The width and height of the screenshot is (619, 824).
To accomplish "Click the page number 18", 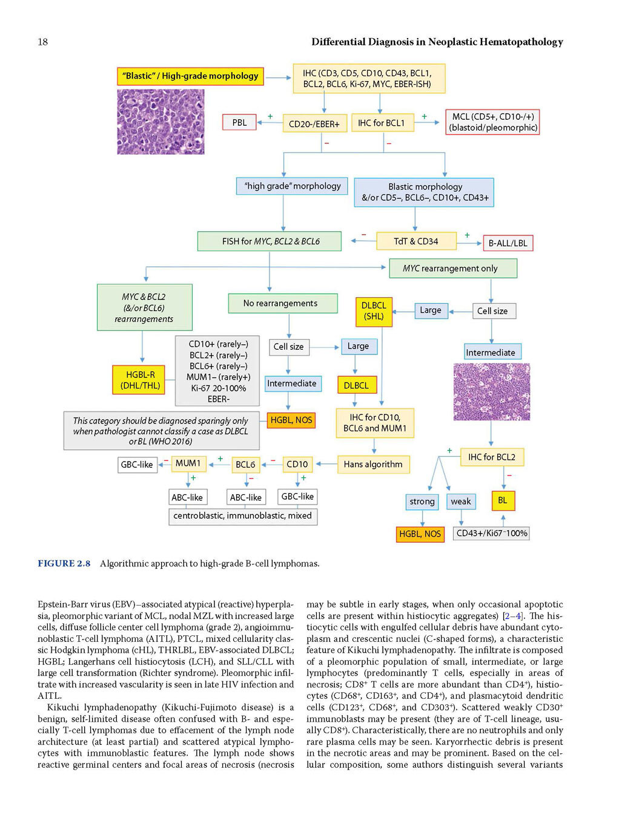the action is [x=43, y=42].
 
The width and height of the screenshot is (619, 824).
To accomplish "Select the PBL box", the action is [x=239, y=122].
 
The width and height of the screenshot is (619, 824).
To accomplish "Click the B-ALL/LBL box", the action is [x=508, y=243].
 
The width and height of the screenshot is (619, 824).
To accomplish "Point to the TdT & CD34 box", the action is [x=416, y=241].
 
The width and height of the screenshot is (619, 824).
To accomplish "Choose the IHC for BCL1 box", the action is [x=383, y=123].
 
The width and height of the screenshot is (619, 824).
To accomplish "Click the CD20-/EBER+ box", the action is [x=314, y=123].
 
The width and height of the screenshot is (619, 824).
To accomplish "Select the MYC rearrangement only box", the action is [x=453, y=269].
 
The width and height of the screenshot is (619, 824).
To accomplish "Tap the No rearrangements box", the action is [x=283, y=303].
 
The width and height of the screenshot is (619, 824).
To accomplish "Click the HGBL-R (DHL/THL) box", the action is [x=139, y=380].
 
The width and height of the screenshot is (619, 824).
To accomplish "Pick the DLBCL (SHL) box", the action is [x=374, y=312].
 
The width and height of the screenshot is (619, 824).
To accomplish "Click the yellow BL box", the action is [x=503, y=501].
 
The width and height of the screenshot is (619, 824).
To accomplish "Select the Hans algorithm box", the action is [x=373, y=465].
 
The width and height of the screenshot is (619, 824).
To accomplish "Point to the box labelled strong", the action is [x=422, y=502].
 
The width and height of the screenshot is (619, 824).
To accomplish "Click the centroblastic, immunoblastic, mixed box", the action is [x=243, y=517].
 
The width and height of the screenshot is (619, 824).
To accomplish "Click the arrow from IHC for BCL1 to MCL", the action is [x=426, y=122].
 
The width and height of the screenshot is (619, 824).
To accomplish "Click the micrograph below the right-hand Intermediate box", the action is [x=492, y=391].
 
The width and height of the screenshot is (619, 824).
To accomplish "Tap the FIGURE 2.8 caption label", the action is [x=64, y=563].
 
